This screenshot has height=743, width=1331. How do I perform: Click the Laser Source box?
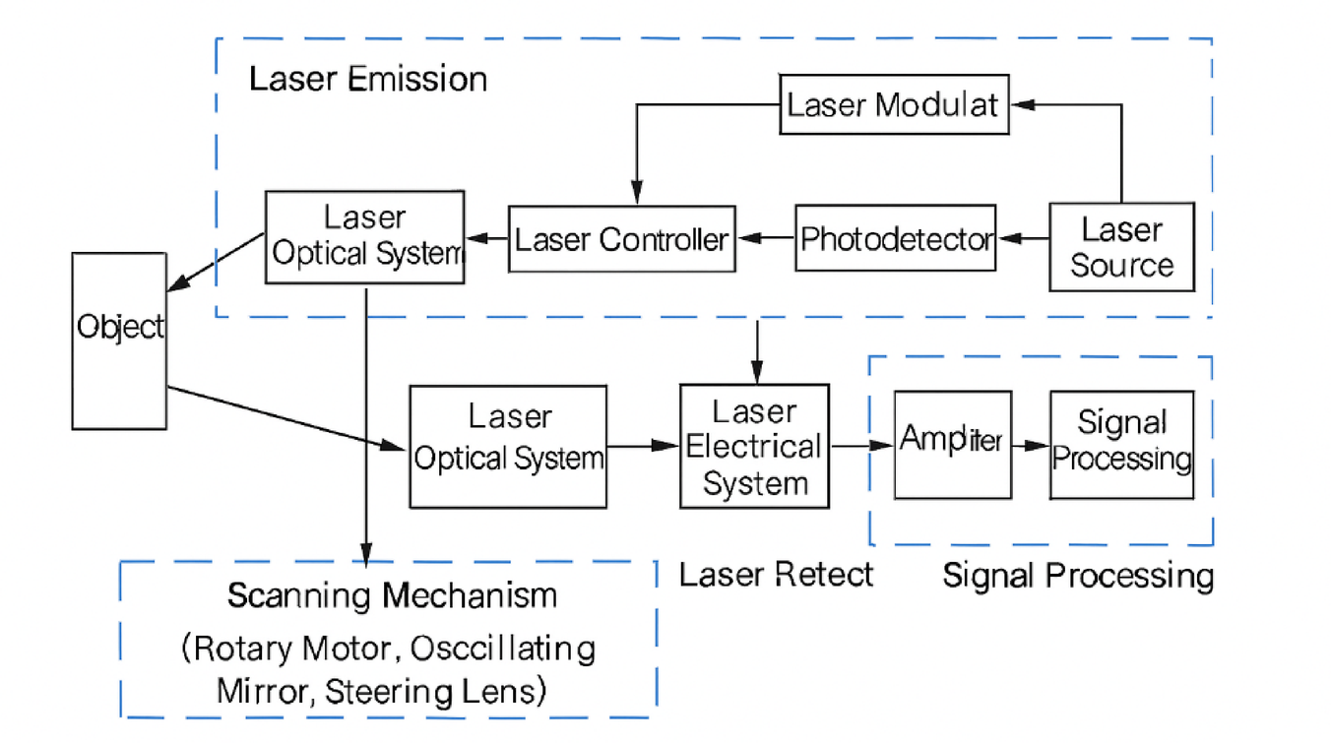pyautogui.click(x=1121, y=247)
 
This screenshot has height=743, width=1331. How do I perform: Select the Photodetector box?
pyautogui.click(x=895, y=238)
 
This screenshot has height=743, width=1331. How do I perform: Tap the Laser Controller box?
pyautogui.click(x=622, y=239)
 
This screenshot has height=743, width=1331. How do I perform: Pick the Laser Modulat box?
pyautogui.click(x=894, y=103)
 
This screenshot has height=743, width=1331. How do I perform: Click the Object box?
pyautogui.click(x=119, y=340)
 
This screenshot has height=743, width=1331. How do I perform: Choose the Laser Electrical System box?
pyautogui.click(x=754, y=446)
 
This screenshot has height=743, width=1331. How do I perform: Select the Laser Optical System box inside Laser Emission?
pyautogui.click(x=364, y=237)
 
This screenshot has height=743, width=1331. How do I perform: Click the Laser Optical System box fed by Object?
pyautogui.click(x=507, y=446)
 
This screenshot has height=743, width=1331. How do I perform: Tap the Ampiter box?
pyautogui.click(x=952, y=445)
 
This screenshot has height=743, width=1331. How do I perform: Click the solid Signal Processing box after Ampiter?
pyautogui.click(x=1121, y=445)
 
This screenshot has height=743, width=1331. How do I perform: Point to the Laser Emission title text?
pyautogui.click(x=367, y=79)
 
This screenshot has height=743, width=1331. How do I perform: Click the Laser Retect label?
pyautogui.click(x=776, y=574)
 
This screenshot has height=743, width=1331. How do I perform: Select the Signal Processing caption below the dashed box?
pyautogui.click(x=1078, y=575)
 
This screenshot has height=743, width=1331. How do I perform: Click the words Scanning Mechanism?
pyautogui.click(x=392, y=595)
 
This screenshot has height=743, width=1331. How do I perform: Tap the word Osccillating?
pyautogui.click(x=503, y=650)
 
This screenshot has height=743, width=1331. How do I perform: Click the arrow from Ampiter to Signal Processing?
pyautogui.click(x=1031, y=446)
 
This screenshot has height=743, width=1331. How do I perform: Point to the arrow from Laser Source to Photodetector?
pyautogui.click(x=1022, y=238)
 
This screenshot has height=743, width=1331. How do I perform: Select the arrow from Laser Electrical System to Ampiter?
pyautogui.click(x=862, y=446)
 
